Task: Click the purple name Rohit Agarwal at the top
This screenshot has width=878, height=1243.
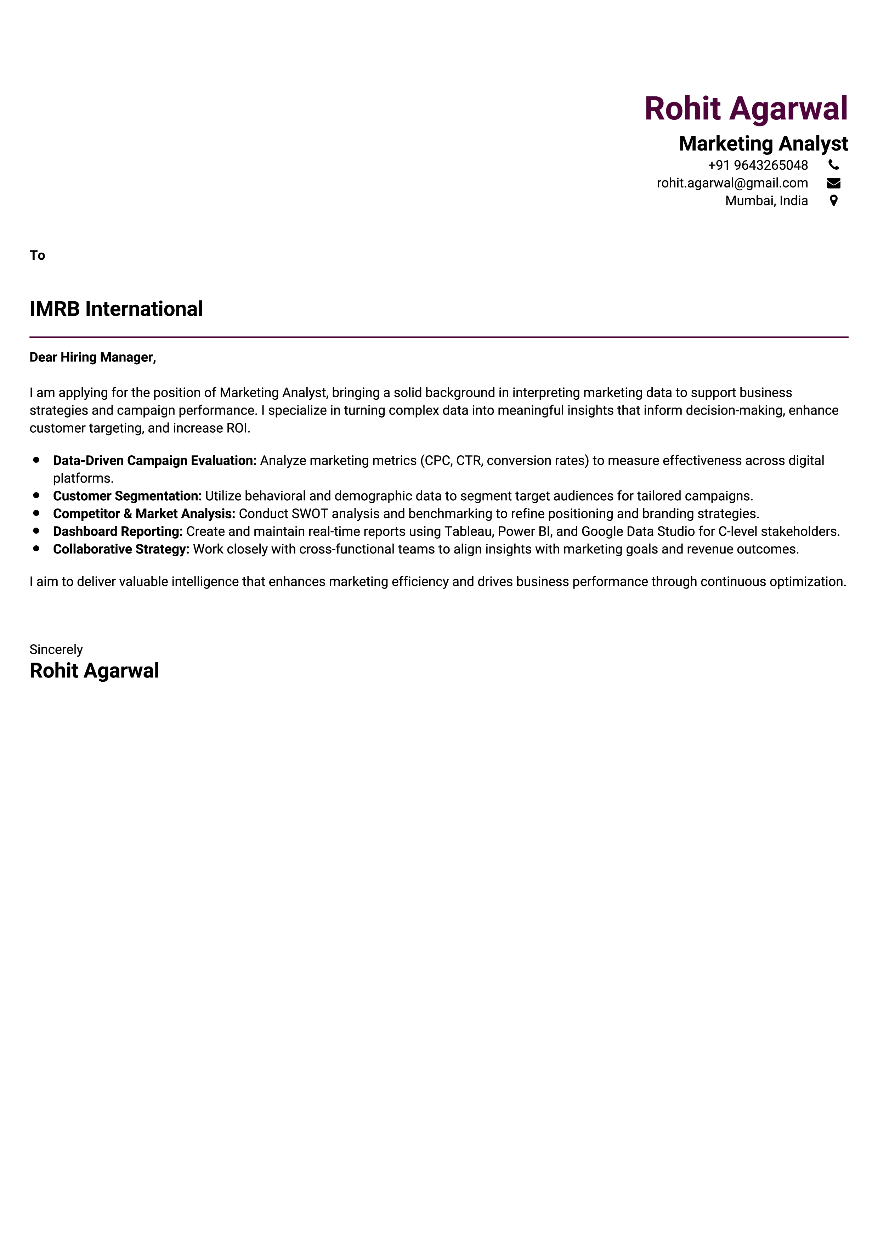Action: (746, 108)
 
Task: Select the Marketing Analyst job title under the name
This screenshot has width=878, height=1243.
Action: (763, 144)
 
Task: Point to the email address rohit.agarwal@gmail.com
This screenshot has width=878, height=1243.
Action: (732, 183)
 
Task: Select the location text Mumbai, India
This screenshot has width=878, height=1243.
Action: (766, 201)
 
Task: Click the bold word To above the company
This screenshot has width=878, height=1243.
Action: (37, 255)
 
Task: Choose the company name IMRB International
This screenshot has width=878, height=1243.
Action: (116, 309)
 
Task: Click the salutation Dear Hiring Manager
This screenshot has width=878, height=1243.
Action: (92, 357)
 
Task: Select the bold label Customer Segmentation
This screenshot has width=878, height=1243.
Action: (127, 496)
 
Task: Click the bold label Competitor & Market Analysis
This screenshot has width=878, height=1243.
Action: (144, 514)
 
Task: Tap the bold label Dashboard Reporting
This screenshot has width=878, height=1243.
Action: (117, 531)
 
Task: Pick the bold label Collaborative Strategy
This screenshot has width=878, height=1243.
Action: (121, 550)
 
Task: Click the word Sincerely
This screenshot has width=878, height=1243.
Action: (56, 649)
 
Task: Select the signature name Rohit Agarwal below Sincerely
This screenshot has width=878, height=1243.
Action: (94, 671)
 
